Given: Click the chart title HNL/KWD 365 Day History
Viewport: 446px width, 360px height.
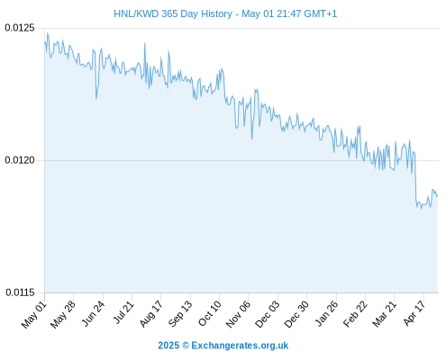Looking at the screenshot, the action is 173,13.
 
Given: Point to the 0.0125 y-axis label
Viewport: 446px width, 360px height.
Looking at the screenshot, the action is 20,28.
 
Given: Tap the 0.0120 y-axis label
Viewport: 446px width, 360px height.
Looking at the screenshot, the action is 20,160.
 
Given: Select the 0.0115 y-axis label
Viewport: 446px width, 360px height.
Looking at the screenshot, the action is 20,292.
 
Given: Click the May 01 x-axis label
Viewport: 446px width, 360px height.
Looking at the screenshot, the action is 34,315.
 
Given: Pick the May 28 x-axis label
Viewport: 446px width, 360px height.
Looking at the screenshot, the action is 63,315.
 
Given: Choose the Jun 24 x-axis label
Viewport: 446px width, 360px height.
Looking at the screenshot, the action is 93,314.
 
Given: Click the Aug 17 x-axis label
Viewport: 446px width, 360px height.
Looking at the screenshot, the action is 151,314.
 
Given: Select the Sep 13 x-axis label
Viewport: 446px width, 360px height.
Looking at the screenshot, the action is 180,314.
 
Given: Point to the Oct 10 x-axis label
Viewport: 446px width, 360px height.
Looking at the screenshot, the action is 210,314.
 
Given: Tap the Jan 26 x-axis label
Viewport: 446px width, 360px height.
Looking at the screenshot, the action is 326,314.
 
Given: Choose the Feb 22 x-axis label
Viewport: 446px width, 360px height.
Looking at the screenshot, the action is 355,314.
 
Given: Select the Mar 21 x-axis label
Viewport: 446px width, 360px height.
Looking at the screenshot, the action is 384,314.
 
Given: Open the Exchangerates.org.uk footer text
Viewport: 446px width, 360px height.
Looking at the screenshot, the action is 240,346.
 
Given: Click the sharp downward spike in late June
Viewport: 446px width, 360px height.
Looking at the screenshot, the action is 96,98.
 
